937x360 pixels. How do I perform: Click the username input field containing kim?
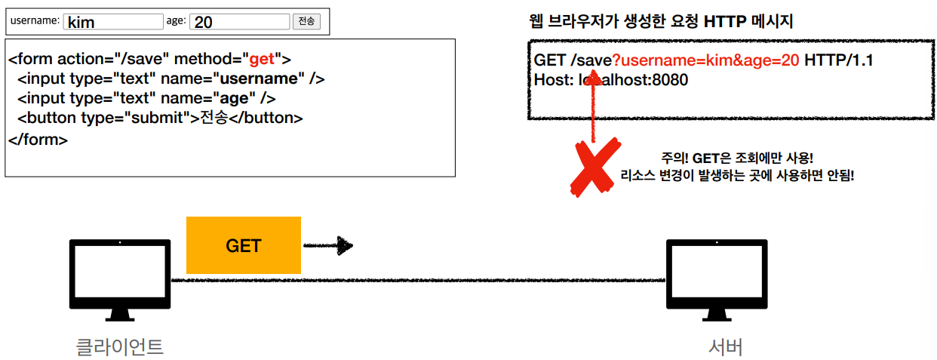click(x=113, y=22)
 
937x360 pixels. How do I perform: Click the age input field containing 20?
click(x=239, y=22)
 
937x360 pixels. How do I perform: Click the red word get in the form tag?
click(x=262, y=59)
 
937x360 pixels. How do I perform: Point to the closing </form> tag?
click(x=38, y=139)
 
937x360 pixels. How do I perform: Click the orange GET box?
click(x=243, y=245)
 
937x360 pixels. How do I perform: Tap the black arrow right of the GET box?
click(x=328, y=245)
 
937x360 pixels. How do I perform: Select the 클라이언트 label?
click(x=120, y=346)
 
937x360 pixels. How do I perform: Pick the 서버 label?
click(x=726, y=346)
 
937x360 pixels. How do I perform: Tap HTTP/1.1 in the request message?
click(x=838, y=60)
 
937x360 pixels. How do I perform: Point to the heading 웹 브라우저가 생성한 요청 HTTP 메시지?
click(x=662, y=21)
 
